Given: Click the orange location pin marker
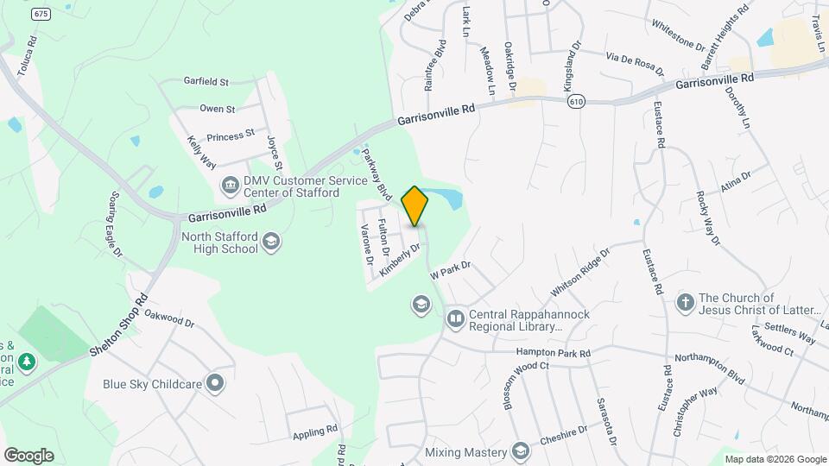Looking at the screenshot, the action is pyautogui.click(x=415, y=206).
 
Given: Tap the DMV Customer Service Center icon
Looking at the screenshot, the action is pyautogui.click(x=230, y=183).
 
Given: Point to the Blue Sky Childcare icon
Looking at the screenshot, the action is pyautogui.click(x=215, y=382).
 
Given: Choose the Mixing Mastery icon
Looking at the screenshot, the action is pyautogui.click(x=521, y=450).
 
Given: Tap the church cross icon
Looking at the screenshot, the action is pyautogui.click(x=686, y=302).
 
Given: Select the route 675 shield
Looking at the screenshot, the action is pyautogui.click(x=41, y=15).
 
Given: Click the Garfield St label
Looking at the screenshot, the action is pyautogui.click(x=206, y=82).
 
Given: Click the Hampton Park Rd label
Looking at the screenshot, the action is pyautogui.click(x=553, y=353).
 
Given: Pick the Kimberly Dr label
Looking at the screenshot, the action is pyautogui.click(x=400, y=260).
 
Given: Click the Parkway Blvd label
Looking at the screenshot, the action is pyautogui.click(x=377, y=172).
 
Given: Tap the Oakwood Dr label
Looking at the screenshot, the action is pyautogui.click(x=170, y=318).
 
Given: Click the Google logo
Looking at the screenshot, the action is pyautogui.click(x=28, y=456).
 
